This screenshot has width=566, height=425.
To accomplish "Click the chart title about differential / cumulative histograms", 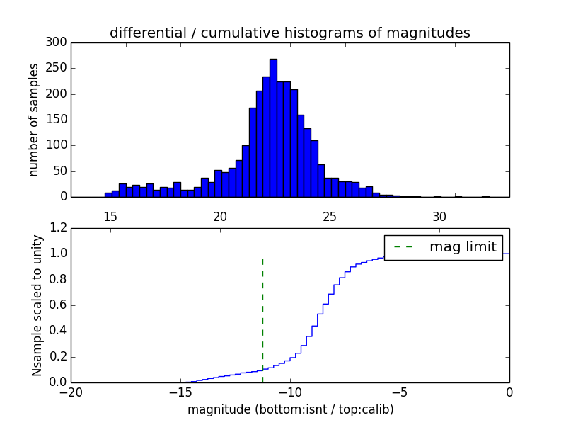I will tap(289, 33).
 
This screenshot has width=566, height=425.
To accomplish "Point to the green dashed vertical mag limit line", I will tap(262, 312).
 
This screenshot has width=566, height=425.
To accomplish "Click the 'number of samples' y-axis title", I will tap(34, 120).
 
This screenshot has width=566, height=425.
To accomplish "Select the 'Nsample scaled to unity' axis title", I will tap(37, 305).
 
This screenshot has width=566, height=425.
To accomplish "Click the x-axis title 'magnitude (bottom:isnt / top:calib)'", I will tap(290, 409).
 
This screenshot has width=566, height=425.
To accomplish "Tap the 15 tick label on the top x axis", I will tap(110, 217).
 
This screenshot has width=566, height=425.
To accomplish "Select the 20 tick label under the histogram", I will tap(220, 217).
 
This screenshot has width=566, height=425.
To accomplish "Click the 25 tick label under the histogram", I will tap(330, 217).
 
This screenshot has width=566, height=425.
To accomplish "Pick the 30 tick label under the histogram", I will tap(439, 217).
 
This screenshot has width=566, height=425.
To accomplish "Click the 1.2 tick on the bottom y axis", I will tap(59, 228).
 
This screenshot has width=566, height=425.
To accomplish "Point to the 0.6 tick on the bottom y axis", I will tap(59, 305).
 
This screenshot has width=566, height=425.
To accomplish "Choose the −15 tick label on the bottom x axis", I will tap(180, 392).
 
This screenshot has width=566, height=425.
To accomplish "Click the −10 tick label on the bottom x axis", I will tap(290, 392).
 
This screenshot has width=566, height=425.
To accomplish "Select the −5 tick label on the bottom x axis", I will tap(400, 392).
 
